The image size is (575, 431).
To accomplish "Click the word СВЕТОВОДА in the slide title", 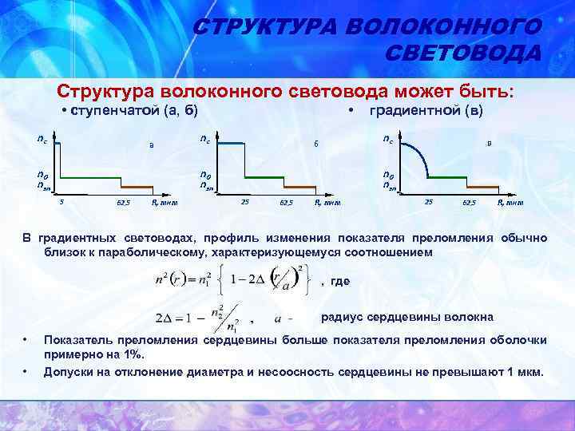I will (462, 53).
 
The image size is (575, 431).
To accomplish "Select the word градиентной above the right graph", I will (413, 110).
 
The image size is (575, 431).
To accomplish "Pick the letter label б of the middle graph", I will (315, 144).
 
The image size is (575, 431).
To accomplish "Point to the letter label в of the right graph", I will (489, 144).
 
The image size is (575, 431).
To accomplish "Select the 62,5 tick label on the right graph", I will (470, 203).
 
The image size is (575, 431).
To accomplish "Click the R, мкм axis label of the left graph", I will (165, 203).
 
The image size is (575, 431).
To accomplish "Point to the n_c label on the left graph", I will (42, 138).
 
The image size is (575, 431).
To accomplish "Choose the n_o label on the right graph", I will (389, 176).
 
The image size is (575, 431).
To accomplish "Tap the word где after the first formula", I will (339, 281).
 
